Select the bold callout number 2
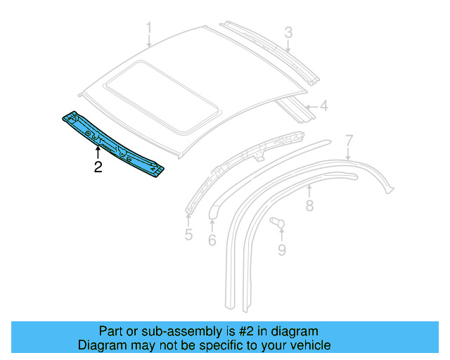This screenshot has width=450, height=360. tap(98, 167)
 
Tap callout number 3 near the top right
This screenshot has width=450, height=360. tap(288, 32)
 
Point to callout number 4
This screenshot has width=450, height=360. tap(323, 107)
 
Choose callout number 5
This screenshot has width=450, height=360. tap(188, 234)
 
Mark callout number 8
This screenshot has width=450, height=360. tap(309, 205)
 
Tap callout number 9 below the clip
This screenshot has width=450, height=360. tap(281, 250)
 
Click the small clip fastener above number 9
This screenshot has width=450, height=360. tap(277, 224)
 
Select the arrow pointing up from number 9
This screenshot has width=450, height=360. tap(281, 235)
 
